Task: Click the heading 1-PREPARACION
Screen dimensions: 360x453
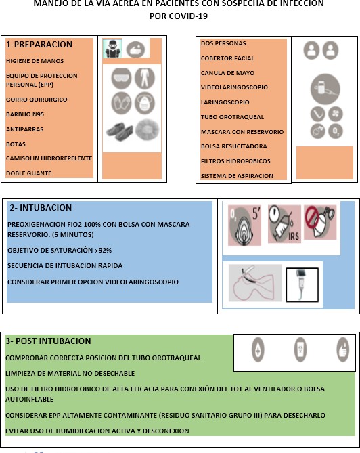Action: [x=39, y=45]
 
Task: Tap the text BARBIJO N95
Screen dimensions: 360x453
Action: [x=25, y=114]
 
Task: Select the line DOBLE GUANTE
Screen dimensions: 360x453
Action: [x=29, y=173]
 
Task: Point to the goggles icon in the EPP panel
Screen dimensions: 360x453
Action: [x=122, y=78]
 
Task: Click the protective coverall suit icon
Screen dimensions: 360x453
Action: [x=145, y=78]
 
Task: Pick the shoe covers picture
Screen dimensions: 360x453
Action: [x=119, y=131]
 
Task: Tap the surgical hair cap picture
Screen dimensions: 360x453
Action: [x=148, y=130]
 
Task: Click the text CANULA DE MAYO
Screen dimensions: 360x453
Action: [x=227, y=73]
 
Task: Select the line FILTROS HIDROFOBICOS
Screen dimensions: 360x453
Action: [x=235, y=161]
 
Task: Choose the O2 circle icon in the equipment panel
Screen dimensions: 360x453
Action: [x=336, y=131]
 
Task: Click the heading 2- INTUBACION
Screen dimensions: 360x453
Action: [x=41, y=208]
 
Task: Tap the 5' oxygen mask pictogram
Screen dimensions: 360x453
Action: [x=244, y=225]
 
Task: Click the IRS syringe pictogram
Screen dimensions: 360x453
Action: [x=284, y=224]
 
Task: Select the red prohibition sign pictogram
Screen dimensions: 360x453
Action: [x=320, y=222]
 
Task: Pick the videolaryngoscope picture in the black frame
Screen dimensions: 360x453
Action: [x=302, y=285]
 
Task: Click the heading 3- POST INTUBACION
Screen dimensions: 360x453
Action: [x=48, y=341]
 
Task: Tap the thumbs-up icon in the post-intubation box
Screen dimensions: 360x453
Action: [x=342, y=349]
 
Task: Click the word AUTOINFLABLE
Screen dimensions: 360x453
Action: [x=30, y=400]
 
